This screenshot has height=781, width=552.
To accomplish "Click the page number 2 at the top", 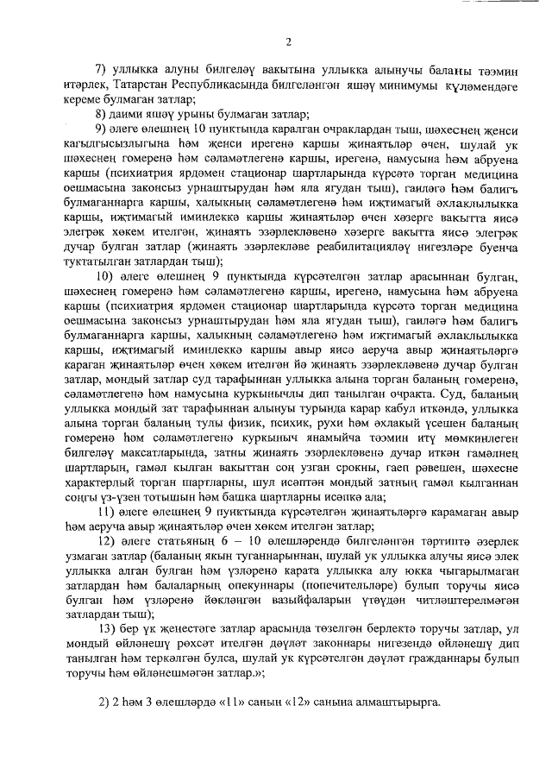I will pyautogui.click(x=288, y=41).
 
